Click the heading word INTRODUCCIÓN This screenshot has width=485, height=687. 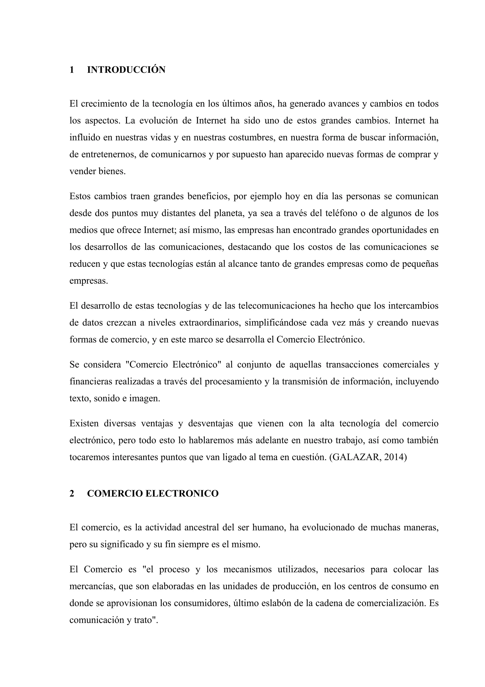pos(126,70)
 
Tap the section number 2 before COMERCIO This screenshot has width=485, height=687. pos(72,493)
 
